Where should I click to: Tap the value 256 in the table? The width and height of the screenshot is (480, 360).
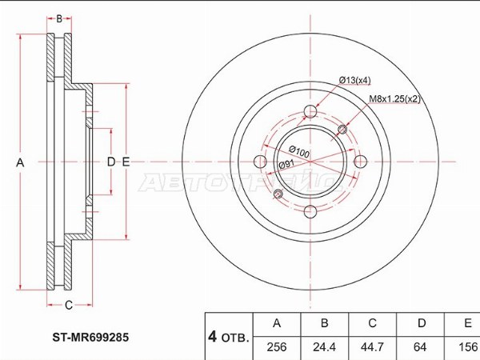tap(278, 348)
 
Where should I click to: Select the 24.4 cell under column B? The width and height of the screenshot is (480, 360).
tap(325, 348)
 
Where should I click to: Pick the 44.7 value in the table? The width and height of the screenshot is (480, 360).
tap(372, 348)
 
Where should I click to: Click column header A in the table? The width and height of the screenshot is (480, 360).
tap(278, 324)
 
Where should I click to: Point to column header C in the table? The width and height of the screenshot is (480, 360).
tap(372, 324)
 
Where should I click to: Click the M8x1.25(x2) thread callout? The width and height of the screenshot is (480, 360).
tap(394, 99)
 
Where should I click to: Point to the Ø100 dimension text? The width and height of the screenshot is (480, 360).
tap(299, 152)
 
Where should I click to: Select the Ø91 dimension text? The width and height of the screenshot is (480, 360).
tap(286, 165)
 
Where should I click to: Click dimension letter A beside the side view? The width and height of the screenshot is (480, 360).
tap(21, 162)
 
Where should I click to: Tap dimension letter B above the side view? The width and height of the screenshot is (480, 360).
tap(58, 18)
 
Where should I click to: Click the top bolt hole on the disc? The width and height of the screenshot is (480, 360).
tap(311, 113)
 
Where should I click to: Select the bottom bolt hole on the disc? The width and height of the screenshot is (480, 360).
tap(311, 211)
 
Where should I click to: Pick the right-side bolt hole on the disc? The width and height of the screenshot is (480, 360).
tap(360, 162)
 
